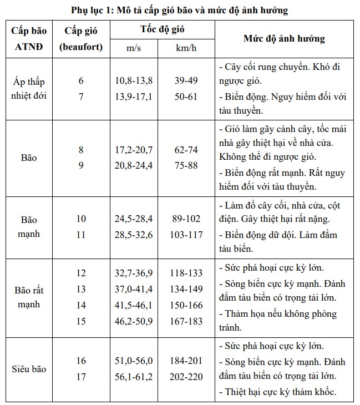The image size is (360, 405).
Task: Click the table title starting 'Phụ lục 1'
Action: pyautogui.click(x=180, y=11)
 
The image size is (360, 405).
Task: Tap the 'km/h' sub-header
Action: pyautogui.click(x=186, y=48)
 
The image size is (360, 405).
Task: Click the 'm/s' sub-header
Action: pyautogui.click(x=134, y=48)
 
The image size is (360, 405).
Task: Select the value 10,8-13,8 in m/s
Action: pyautogui.click(x=134, y=81)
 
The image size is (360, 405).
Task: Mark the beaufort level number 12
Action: pyautogui.click(x=82, y=273)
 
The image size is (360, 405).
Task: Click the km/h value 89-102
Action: pyautogui.click(x=186, y=219)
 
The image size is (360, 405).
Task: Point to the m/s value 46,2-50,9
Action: pyautogui.click(x=134, y=322)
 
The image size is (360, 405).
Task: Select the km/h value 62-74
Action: pyautogui.click(x=186, y=150)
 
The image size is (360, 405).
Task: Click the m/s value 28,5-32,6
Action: pyautogui.click(x=134, y=235)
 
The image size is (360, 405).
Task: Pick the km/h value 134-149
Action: pyautogui.click(x=186, y=289)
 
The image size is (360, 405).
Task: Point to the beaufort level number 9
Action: pyautogui.click(x=82, y=165)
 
